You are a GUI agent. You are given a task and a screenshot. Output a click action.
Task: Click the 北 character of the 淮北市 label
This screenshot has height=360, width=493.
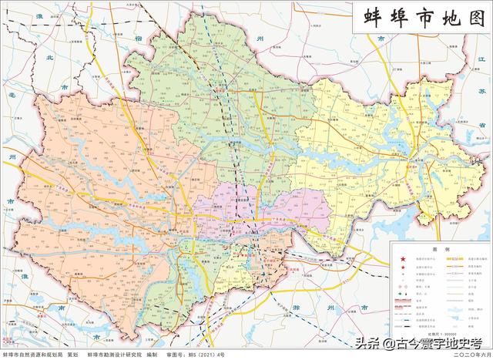[49, 58]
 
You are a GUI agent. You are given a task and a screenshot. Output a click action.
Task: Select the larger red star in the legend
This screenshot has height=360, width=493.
[401, 261]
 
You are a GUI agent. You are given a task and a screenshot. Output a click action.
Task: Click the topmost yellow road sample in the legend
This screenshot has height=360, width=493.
[455, 261]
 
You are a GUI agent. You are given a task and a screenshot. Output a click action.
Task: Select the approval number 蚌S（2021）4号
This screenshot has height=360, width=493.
[204, 354]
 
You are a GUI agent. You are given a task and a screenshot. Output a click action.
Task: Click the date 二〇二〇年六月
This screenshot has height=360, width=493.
[468, 354]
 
